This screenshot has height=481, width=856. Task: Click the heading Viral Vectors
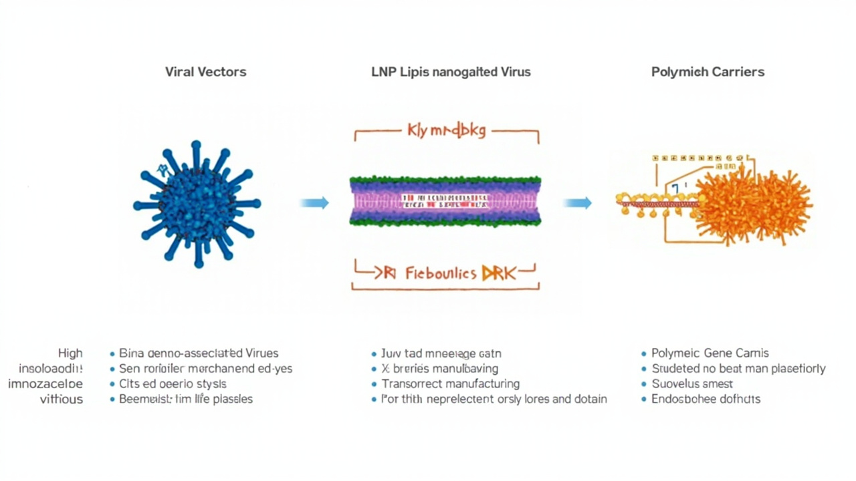tap(205, 71)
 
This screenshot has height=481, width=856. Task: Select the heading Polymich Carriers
tap(708, 71)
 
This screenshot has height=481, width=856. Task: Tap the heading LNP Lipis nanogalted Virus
tap(451, 71)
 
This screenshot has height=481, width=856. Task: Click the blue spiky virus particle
tap(197, 203)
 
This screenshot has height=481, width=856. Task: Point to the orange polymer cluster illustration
tap(752, 200)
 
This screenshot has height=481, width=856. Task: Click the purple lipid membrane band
tap(445, 200)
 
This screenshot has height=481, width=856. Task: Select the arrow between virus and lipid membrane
tap(314, 202)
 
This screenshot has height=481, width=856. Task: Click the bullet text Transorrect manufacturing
tap(450, 384)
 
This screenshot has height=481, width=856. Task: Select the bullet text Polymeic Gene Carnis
tap(710, 353)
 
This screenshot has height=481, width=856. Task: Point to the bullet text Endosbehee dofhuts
tap(706, 399)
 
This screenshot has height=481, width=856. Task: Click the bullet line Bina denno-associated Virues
tap(199, 353)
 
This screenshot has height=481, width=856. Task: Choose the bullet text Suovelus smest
tap(692, 384)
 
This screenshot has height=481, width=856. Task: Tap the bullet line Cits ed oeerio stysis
tap(173, 384)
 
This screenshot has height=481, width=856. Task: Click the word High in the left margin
tap(70, 353)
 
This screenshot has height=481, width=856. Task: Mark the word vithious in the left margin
tap(62, 399)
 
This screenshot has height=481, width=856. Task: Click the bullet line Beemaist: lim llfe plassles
tap(186, 399)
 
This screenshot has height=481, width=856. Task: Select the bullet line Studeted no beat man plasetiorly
tap(738, 369)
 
